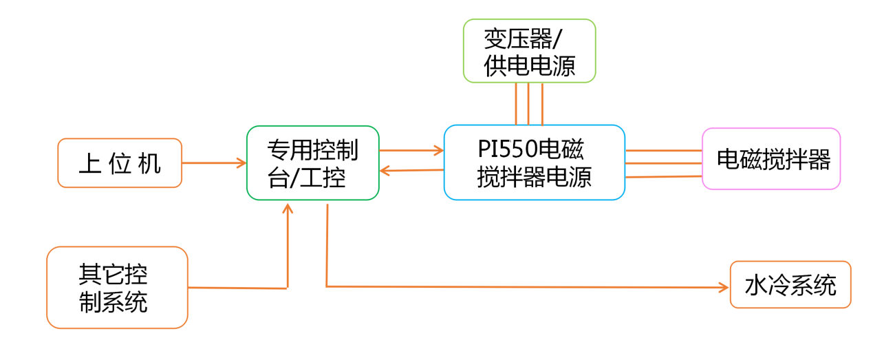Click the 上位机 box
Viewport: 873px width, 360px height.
click(120, 163)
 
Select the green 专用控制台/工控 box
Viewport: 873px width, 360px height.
click(313, 163)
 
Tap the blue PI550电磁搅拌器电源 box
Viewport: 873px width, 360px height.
click(535, 162)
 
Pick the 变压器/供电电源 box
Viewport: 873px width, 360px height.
click(529, 52)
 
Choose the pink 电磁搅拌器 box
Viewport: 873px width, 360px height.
click(771, 159)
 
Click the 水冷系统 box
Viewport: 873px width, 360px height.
click(790, 284)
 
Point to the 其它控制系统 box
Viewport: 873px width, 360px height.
click(117, 287)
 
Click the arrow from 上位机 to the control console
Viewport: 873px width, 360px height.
click(214, 163)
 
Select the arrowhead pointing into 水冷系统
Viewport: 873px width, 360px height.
click(724, 286)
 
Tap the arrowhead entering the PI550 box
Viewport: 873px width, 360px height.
click(438, 149)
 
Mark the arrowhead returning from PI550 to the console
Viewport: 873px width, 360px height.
click(385, 171)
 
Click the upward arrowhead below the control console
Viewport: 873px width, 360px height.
click(288, 207)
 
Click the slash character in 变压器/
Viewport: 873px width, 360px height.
click(569, 39)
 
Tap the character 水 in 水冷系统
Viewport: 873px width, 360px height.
click(757, 284)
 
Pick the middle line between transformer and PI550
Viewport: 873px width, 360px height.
click(528, 104)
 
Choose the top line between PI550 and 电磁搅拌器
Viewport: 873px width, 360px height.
click(663, 149)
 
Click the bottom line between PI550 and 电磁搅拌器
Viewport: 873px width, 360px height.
click(663, 177)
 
